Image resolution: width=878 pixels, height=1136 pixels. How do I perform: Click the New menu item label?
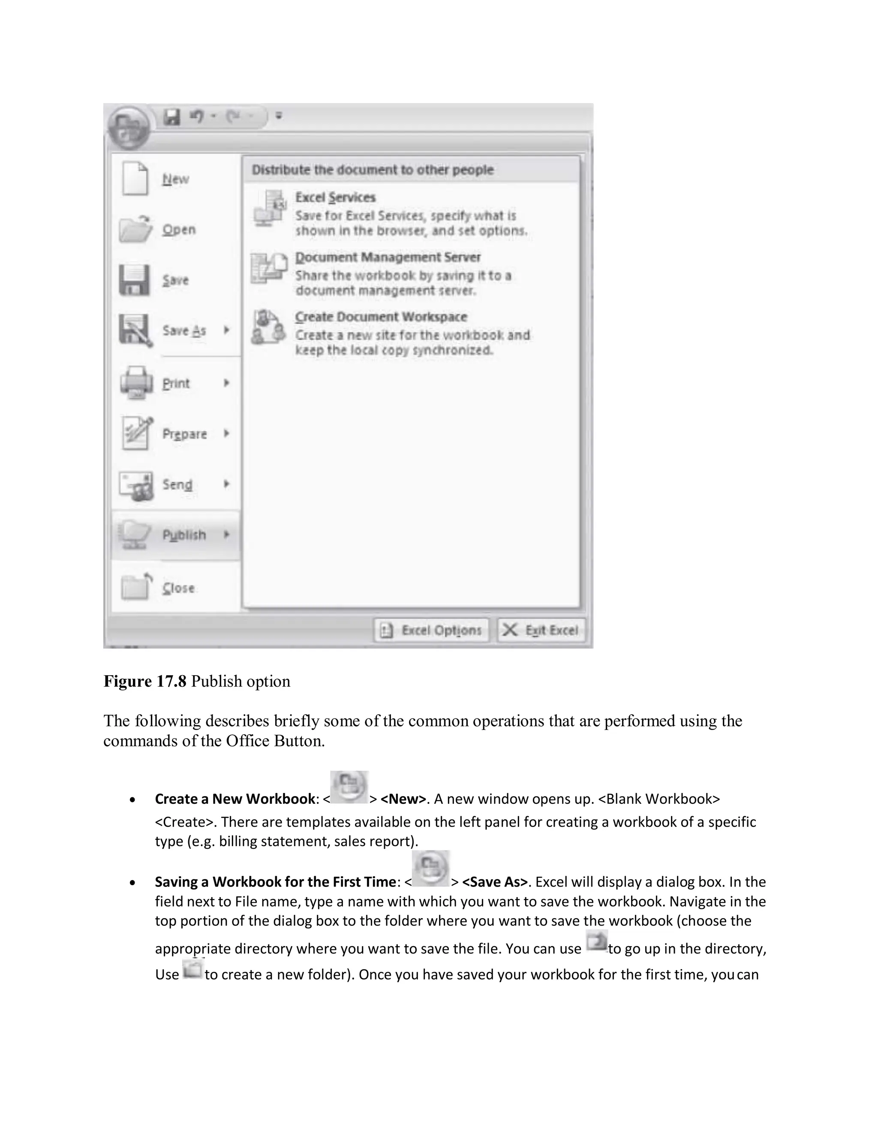pyautogui.click(x=175, y=180)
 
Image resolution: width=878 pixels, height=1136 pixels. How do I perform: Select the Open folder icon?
pyautogui.click(x=135, y=229)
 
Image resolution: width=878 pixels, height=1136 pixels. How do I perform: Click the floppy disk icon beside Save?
pyautogui.click(x=134, y=280)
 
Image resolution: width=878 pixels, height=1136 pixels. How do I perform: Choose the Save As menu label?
pyautogui.click(x=184, y=331)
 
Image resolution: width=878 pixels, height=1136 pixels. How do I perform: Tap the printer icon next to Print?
pyautogui.click(x=136, y=383)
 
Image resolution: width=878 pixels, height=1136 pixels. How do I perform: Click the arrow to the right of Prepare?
pyautogui.click(x=226, y=433)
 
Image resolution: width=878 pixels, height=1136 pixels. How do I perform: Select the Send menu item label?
pyautogui.click(x=177, y=485)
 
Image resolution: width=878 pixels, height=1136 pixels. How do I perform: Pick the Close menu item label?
pyautogui.click(x=178, y=588)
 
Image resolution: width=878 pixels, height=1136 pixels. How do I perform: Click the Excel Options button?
pyautogui.click(x=431, y=631)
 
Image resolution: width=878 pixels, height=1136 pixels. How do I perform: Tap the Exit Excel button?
pyautogui.click(x=541, y=631)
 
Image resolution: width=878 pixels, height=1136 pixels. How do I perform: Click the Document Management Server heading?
pyautogui.click(x=388, y=258)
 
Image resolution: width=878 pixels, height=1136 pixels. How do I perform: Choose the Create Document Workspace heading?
pyautogui.click(x=381, y=317)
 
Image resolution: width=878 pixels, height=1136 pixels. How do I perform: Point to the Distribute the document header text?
pyautogui.click(x=373, y=170)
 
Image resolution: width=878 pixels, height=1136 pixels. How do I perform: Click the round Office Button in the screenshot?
pyautogui.click(x=128, y=126)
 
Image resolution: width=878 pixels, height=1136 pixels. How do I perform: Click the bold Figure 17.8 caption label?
pyautogui.click(x=144, y=682)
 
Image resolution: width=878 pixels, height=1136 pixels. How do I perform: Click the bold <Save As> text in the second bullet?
pyautogui.click(x=495, y=882)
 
